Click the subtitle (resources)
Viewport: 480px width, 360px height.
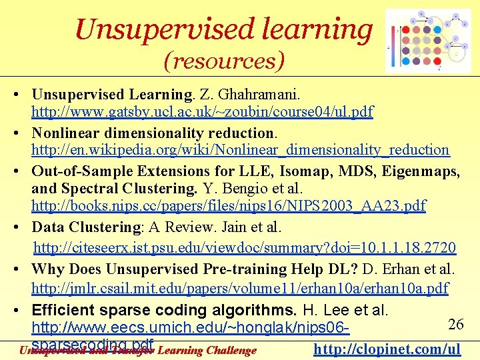[x=225, y=61]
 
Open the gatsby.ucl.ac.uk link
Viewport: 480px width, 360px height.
[x=202, y=111]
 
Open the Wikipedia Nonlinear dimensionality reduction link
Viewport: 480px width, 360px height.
[x=240, y=150]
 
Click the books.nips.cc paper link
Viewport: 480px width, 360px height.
[x=228, y=206]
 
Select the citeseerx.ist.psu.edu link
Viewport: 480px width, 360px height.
[x=244, y=248]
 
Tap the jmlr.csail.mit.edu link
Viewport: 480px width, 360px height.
[x=239, y=289]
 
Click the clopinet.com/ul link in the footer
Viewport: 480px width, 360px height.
[x=387, y=349]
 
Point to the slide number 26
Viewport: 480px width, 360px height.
[x=456, y=324]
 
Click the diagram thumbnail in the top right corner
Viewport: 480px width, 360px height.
[x=428, y=41]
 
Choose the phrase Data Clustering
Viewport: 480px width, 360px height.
[x=86, y=227]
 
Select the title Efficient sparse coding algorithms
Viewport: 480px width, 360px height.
[x=164, y=310]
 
